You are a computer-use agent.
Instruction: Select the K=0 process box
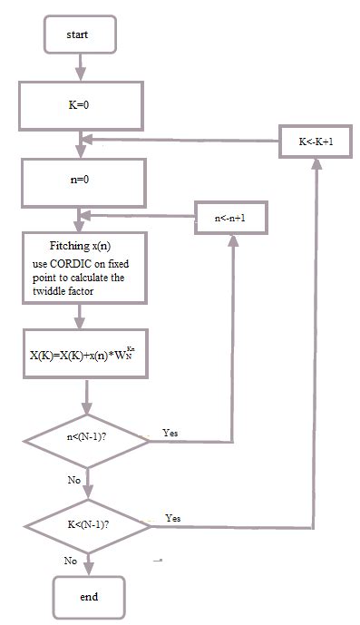82,104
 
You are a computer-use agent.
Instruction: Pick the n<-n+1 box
232,218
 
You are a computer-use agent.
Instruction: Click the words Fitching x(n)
81,247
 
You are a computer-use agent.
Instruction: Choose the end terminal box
88,597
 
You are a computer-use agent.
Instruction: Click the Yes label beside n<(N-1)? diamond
170,434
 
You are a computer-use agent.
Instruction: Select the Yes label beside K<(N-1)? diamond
173,517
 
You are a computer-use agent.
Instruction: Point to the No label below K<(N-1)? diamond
71,562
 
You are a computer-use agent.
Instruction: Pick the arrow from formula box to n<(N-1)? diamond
87,396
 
